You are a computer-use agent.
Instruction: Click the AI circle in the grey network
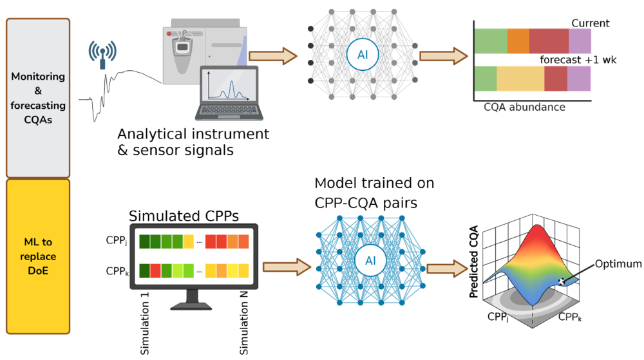pyautogui.click(x=362, y=55)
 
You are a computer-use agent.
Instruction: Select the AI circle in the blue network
pyautogui.click(x=370, y=261)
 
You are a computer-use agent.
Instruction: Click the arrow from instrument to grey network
pyautogui.click(x=272, y=56)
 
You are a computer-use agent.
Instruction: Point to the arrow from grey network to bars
pyautogui.click(x=443, y=56)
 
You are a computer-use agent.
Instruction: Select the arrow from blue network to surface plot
pyautogui.click(x=447, y=268)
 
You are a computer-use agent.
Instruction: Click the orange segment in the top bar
pyautogui.click(x=518, y=41)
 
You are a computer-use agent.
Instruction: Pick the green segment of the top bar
pyautogui.click(x=490, y=41)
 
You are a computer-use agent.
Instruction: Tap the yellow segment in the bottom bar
pyautogui.click(x=520, y=79)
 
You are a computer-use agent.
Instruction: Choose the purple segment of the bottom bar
pyautogui.click(x=579, y=79)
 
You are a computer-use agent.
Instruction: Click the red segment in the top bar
pyautogui.click(x=549, y=41)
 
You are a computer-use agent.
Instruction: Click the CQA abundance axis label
pyautogui.click(x=524, y=108)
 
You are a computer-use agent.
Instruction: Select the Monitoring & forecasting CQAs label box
pyautogui.click(x=38, y=97)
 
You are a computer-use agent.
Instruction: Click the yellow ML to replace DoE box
pyautogui.click(x=38, y=256)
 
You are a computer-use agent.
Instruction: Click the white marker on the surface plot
pyautogui.click(x=562, y=279)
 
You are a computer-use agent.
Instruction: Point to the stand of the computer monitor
pyautogui.click(x=193, y=298)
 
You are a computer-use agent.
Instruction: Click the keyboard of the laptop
pyautogui.click(x=229, y=111)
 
